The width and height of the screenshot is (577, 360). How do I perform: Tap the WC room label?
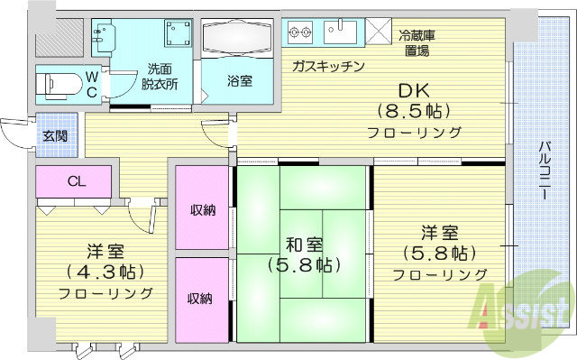(x=93, y=85)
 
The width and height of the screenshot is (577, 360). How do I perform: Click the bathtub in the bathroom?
(x=236, y=40)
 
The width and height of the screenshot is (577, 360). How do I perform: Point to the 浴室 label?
(x=239, y=80)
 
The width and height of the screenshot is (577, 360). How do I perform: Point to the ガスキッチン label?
(x=327, y=66)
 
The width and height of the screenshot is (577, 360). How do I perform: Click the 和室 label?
(x=303, y=245)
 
